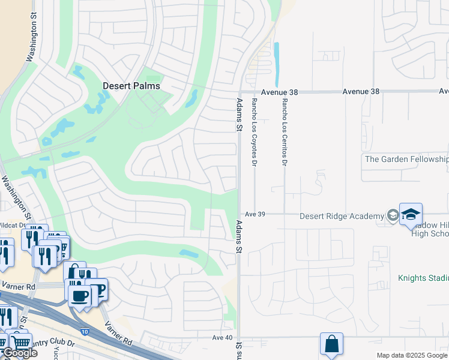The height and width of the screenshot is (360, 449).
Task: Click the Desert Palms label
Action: (131, 86)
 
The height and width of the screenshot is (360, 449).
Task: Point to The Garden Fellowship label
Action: (406, 159)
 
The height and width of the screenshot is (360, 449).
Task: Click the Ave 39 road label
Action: (255, 214)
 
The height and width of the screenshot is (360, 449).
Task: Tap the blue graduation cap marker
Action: (411, 214)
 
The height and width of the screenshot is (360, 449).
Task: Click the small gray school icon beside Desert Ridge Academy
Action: (393, 215)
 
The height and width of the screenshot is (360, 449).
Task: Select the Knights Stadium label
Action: (423, 278)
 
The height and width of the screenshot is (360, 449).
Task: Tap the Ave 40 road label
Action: (222, 338)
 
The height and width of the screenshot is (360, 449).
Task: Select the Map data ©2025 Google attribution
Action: (412, 355)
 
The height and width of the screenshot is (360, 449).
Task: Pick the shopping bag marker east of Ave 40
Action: (331, 344)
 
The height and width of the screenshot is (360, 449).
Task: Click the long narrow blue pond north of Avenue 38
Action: (277, 64)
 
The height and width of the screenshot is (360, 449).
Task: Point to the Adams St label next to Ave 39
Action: (239, 235)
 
